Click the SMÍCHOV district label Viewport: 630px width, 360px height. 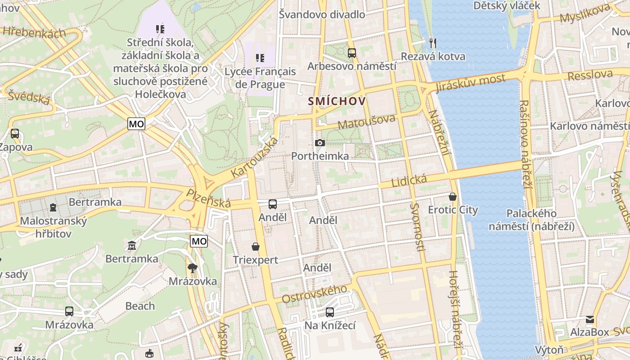click(x=337, y=101)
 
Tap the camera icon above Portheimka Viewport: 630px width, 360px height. click(x=320, y=143)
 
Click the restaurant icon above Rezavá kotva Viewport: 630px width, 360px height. click(x=433, y=43)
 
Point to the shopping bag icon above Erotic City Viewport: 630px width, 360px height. click(x=453, y=197)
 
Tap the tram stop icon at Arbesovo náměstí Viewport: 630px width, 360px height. click(x=351, y=53)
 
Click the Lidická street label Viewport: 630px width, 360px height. click(x=409, y=181)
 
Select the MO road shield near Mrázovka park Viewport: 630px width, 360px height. click(x=199, y=242)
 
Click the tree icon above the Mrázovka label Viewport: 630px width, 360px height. click(x=193, y=268)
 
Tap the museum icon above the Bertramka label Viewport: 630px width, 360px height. click(x=132, y=246)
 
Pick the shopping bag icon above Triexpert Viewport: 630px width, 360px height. click(x=256, y=247)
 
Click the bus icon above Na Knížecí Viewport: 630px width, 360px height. click(x=330, y=312)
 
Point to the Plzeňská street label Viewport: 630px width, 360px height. click(x=209, y=198)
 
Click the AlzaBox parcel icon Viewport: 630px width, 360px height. click(x=589, y=319)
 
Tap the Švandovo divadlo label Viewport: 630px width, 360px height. click(x=322, y=14)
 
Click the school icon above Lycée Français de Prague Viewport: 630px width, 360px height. click(x=260, y=58)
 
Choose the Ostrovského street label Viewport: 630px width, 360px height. click(x=315, y=294)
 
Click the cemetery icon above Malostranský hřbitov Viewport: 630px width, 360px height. click(x=53, y=207)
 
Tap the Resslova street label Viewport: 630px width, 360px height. click(x=590, y=75)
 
